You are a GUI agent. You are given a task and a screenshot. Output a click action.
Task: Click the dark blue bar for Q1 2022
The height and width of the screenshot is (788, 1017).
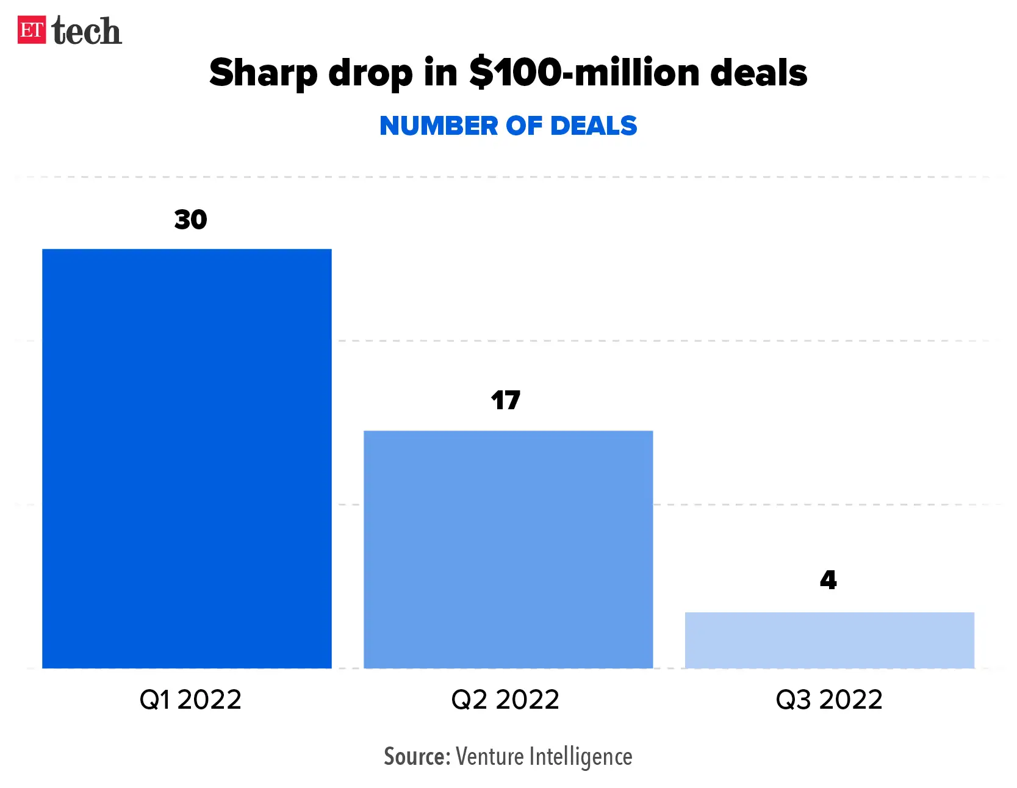coord(187,458)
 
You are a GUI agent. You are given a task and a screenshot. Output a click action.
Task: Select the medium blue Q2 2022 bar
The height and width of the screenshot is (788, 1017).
coord(508,549)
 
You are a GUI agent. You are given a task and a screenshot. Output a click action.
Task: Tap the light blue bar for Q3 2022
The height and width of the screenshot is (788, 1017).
coord(829,640)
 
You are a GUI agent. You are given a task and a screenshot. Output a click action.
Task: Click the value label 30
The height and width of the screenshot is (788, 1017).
coord(190,220)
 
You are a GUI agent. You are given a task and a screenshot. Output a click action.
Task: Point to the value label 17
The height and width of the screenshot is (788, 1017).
coord(505,401)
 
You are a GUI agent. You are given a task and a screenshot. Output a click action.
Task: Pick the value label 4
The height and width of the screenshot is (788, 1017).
coord(828,580)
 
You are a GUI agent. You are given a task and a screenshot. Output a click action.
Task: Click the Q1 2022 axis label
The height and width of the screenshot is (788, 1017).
coord(190,700)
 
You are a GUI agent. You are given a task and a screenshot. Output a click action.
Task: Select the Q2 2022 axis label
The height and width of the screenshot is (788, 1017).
coord(505,700)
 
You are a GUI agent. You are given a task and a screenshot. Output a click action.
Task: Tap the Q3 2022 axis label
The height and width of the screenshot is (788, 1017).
coord(828,700)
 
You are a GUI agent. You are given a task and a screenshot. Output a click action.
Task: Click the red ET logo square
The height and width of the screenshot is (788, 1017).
coord(32,30)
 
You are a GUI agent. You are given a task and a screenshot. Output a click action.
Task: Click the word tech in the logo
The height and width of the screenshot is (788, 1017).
coord(87,31)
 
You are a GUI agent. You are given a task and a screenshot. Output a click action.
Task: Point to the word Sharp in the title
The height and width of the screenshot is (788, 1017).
coord(264,73)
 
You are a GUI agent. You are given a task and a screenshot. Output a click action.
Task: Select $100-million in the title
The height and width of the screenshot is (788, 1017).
coord(584,73)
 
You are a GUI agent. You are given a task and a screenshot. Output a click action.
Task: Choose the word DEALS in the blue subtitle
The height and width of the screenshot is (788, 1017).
coord(593,126)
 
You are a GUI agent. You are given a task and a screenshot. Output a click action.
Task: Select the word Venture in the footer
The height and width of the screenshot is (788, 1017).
coord(490,756)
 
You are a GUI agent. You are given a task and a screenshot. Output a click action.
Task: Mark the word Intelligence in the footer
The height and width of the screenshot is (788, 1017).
coord(580,756)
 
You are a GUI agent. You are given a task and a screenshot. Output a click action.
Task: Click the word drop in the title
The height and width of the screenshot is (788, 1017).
coord(370,73)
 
